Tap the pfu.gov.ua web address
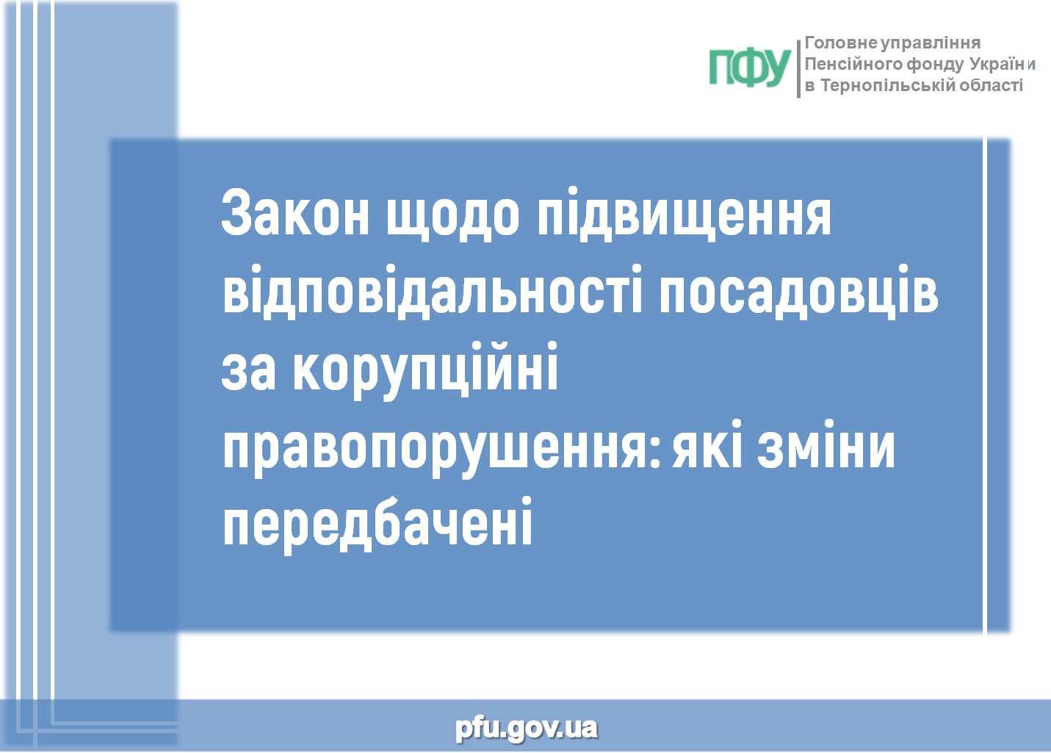(526, 728)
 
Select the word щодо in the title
(452, 216)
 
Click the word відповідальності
(432, 292)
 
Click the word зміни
(826, 444)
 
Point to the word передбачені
(378, 526)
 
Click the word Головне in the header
(841, 43)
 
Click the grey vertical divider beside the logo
(798, 68)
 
